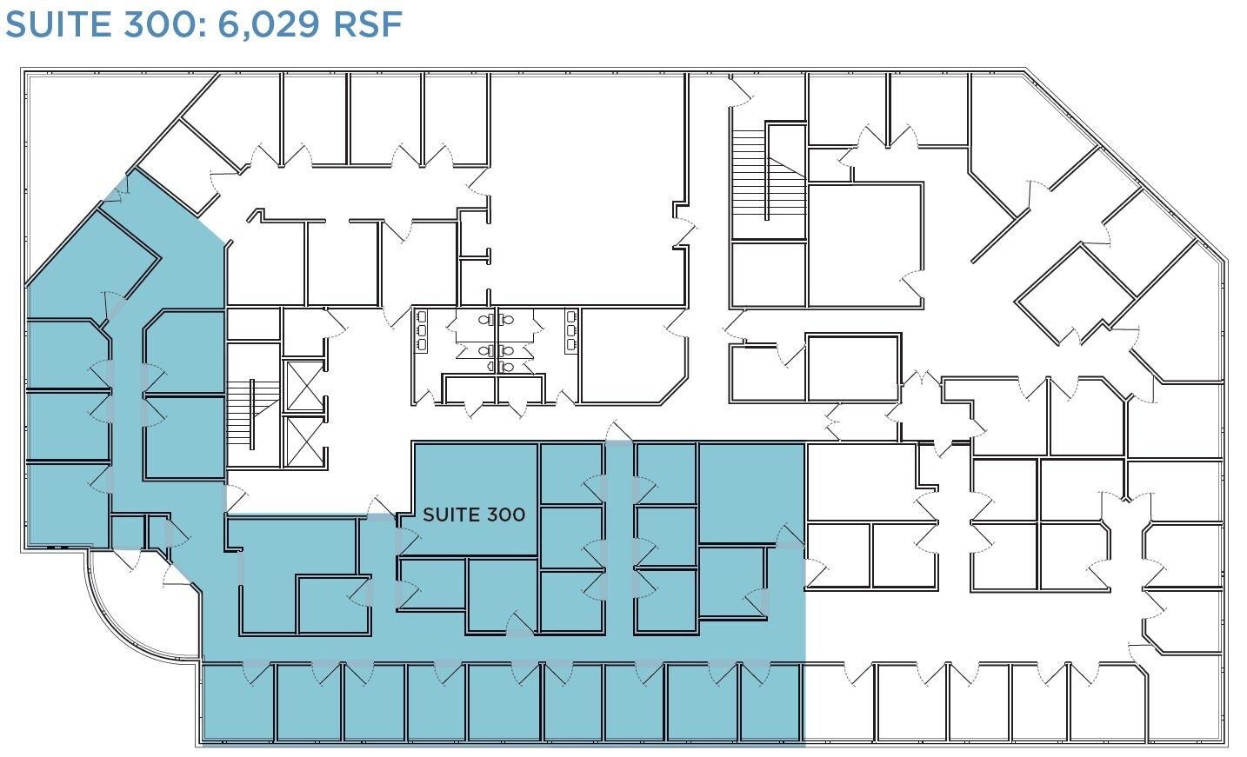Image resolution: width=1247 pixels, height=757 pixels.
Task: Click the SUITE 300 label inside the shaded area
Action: pyautogui.click(x=473, y=515)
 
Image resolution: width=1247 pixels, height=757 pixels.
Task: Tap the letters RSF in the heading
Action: pyautogui.click(x=369, y=23)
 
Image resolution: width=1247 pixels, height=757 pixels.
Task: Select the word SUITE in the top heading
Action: pyautogui.click(x=53, y=23)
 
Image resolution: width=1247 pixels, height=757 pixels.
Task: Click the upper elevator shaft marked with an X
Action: pyautogui.click(x=304, y=387)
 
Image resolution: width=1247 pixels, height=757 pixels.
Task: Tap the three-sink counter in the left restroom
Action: pyautogui.click(x=422, y=330)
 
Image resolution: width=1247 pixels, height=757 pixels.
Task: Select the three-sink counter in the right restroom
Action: pyautogui.click(x=571, y=330)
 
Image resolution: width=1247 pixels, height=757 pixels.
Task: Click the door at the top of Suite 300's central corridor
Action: pyautogui.click(x=617, y=432)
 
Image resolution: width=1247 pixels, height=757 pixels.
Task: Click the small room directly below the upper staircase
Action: pyautogui.click(x=769, y=274)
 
